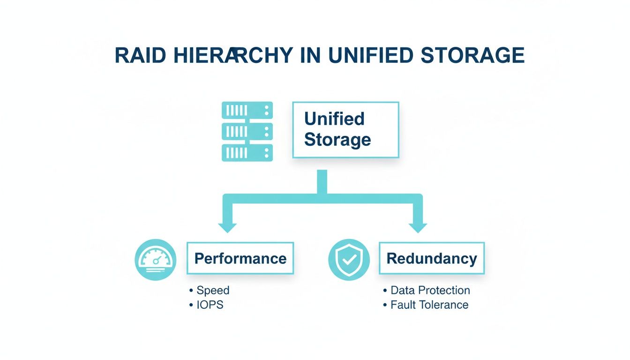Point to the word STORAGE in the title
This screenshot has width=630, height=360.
point(472,56)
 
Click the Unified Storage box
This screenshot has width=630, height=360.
point(345,129)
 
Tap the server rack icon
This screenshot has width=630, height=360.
point(247,132)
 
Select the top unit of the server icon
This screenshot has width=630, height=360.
point(247,111)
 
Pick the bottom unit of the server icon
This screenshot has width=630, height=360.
point(247,153)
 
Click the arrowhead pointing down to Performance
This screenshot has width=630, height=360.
point(228,227)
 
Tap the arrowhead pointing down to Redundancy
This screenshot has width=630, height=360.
point(418,227)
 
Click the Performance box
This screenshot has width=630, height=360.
point(240,258)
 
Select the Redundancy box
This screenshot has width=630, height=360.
point(431,258)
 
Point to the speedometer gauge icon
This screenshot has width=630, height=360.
point(155,260)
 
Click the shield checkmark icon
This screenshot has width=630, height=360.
point(349,260)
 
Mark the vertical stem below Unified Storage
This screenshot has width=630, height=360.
point(322,182)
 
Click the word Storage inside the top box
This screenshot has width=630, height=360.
point(337,140)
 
